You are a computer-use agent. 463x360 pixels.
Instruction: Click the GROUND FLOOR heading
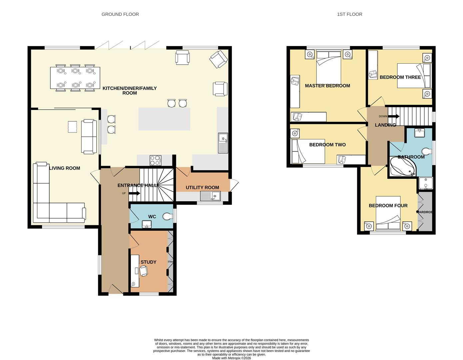[120, 14]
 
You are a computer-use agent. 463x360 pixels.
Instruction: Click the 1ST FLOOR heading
[349, 14]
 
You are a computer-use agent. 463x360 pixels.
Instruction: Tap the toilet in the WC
[168, 217]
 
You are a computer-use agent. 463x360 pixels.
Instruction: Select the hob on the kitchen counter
[156, 161]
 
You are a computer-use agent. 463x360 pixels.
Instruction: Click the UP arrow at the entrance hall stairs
[134, 193]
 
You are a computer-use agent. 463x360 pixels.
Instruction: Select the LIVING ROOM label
[64, 168]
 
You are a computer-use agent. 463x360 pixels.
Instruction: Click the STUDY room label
[148, 262]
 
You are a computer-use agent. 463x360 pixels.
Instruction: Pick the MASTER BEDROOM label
[327, 86]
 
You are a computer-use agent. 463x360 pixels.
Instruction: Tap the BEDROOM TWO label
[327, 145]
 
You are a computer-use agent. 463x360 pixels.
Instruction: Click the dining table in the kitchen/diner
[75, 78]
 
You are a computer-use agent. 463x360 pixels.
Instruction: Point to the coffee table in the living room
[72, 127]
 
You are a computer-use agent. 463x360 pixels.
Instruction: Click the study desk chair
[144, 271]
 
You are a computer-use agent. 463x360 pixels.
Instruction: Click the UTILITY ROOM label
[202, 188]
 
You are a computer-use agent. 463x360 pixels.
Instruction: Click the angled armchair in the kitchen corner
[219, 59]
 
